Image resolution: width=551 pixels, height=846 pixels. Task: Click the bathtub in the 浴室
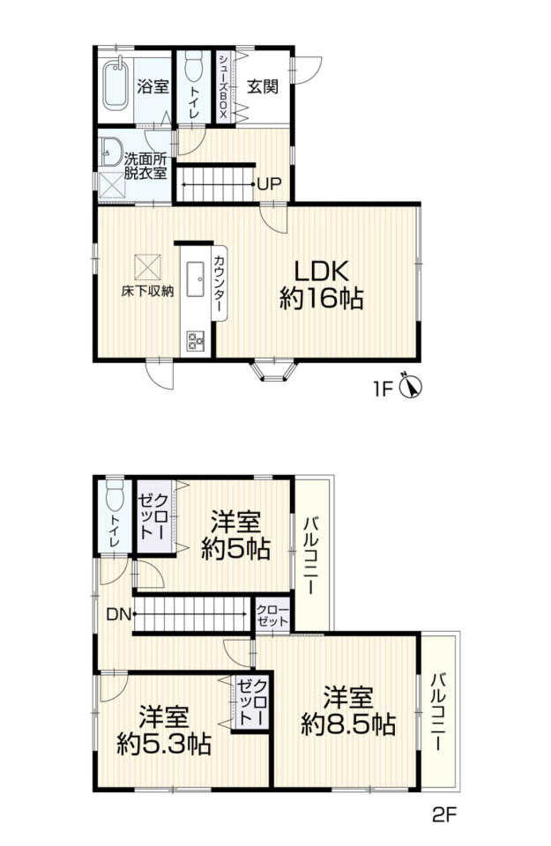115,83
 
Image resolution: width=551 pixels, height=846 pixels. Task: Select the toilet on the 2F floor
115,494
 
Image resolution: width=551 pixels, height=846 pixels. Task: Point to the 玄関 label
263,86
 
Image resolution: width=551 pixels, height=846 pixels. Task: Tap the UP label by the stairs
269,184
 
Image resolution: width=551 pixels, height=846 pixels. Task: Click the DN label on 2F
118,614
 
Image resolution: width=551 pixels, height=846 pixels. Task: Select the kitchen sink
195,279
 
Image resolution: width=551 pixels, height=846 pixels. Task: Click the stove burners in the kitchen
195,340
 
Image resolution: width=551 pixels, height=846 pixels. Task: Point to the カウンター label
220,283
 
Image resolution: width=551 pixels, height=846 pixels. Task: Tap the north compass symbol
410,386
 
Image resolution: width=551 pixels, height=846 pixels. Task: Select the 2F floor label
444,813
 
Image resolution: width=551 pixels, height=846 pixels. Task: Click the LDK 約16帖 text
321,285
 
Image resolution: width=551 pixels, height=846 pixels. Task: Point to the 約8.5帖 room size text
348,724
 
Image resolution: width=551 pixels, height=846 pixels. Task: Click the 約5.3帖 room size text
164,746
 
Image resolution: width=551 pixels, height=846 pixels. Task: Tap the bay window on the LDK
274,371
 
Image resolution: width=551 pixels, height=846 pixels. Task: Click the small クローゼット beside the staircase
273,615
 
